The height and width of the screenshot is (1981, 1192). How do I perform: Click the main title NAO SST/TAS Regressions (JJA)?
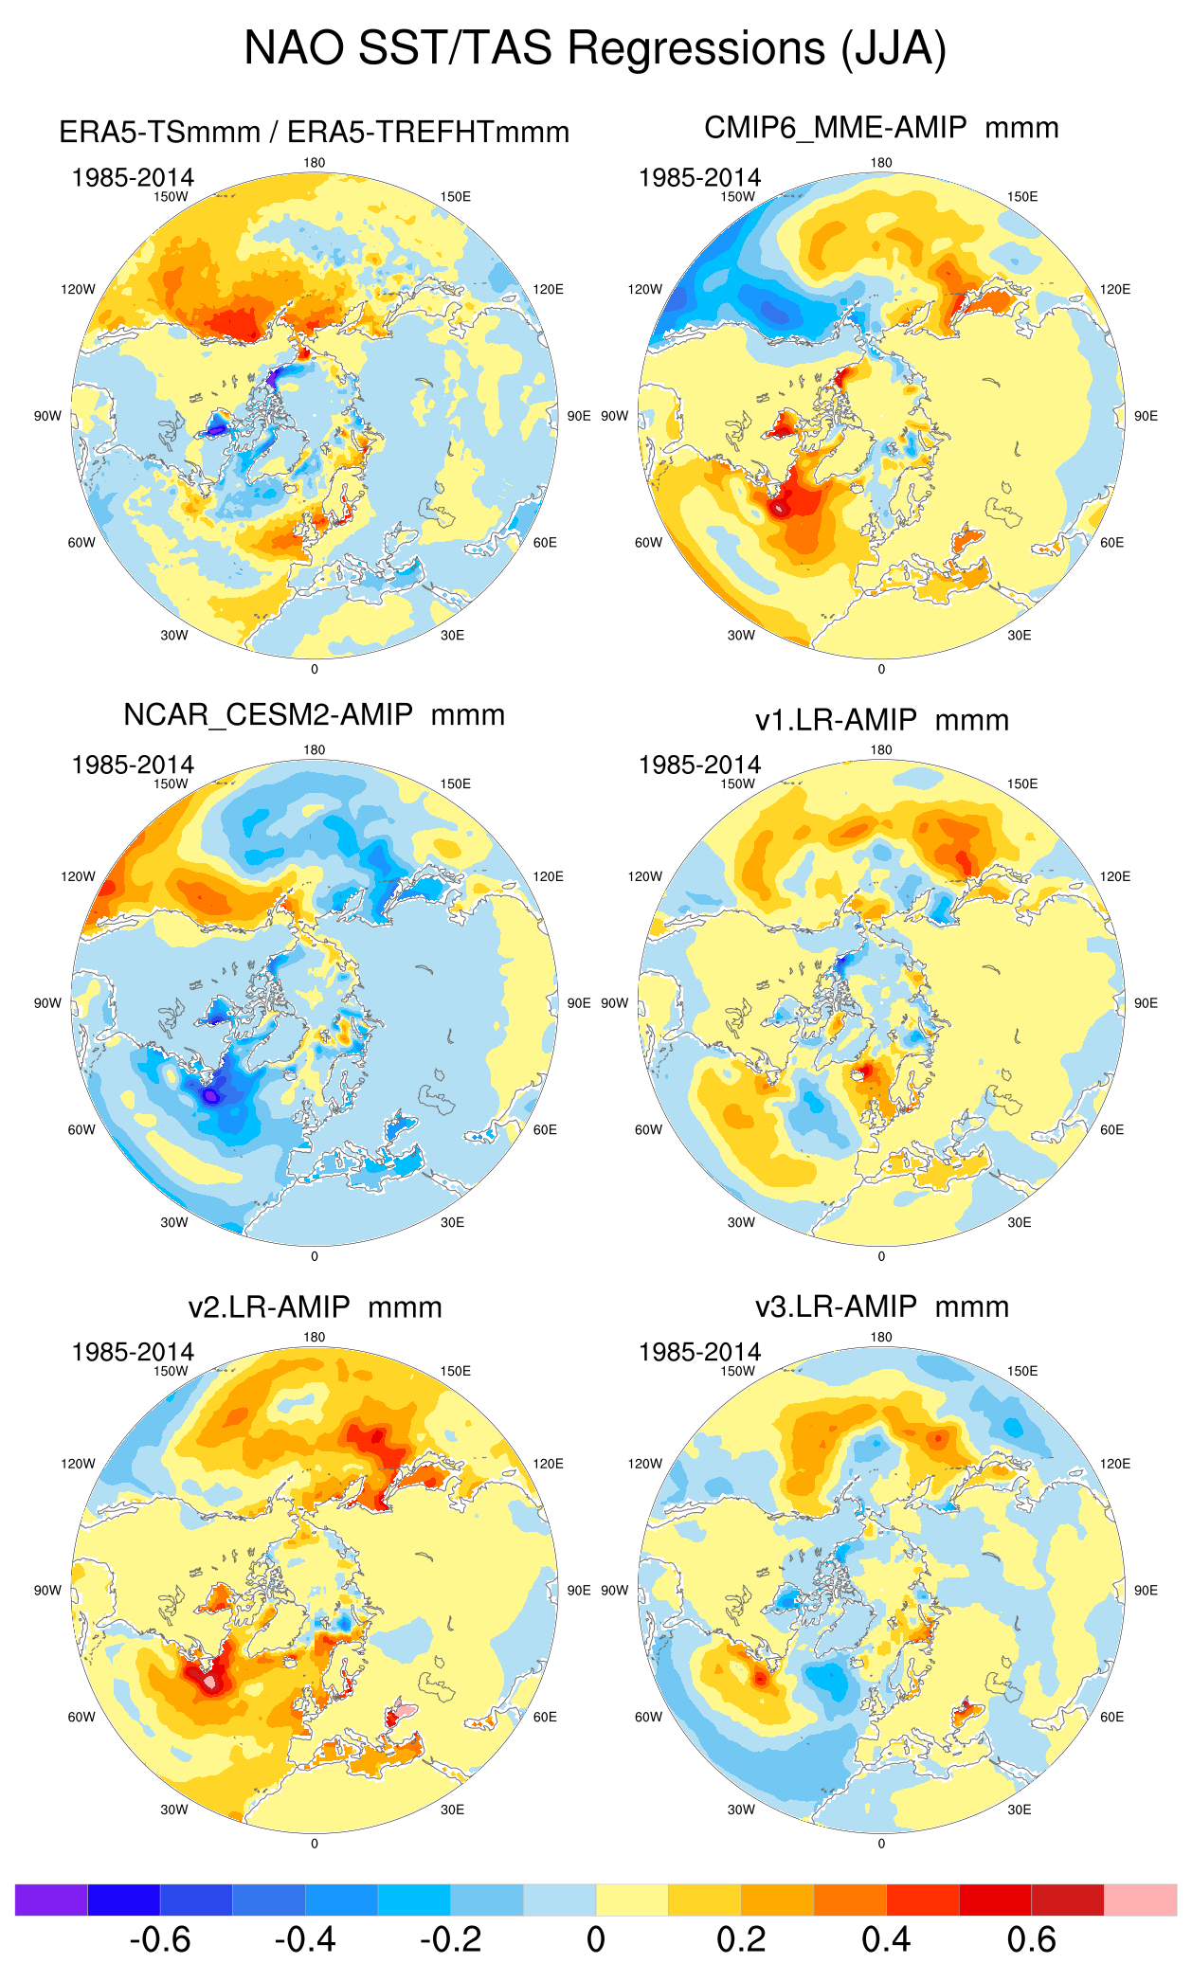click(595, 47)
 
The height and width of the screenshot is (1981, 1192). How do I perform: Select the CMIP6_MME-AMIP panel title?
click(881, 128)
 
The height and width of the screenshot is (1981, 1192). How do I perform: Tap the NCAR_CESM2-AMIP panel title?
click(314, 714)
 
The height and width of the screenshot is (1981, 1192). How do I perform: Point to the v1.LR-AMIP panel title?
click(881, 720)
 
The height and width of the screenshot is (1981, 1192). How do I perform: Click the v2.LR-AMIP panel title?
click(315, 1307)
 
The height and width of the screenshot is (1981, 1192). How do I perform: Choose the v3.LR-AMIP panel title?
click(881, 1306)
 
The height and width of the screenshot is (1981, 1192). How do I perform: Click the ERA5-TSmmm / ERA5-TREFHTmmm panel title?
click(314, 132)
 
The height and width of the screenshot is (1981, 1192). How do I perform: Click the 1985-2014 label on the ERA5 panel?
click(133, 177)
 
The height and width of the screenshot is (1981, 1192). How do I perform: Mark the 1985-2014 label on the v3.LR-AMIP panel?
click(699, 1352)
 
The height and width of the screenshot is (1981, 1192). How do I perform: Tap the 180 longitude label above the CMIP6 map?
click(881, 163)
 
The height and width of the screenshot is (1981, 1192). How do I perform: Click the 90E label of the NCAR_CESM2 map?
click(579, 1003)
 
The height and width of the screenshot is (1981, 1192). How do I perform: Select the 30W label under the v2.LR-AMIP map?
click(174, 1810)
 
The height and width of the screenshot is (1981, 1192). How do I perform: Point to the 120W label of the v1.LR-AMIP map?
click(644, 876)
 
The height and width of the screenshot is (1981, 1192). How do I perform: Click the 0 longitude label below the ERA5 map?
click(315, 669)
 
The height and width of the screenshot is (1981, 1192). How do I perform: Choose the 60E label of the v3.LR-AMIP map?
click(1112, 1717)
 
